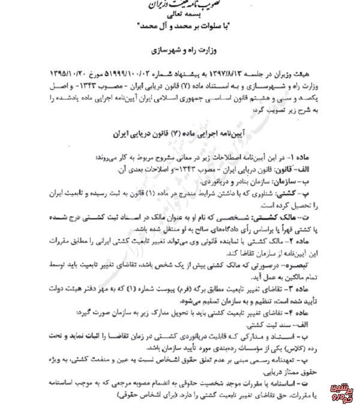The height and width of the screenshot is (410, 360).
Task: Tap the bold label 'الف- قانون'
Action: click(306, 168)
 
